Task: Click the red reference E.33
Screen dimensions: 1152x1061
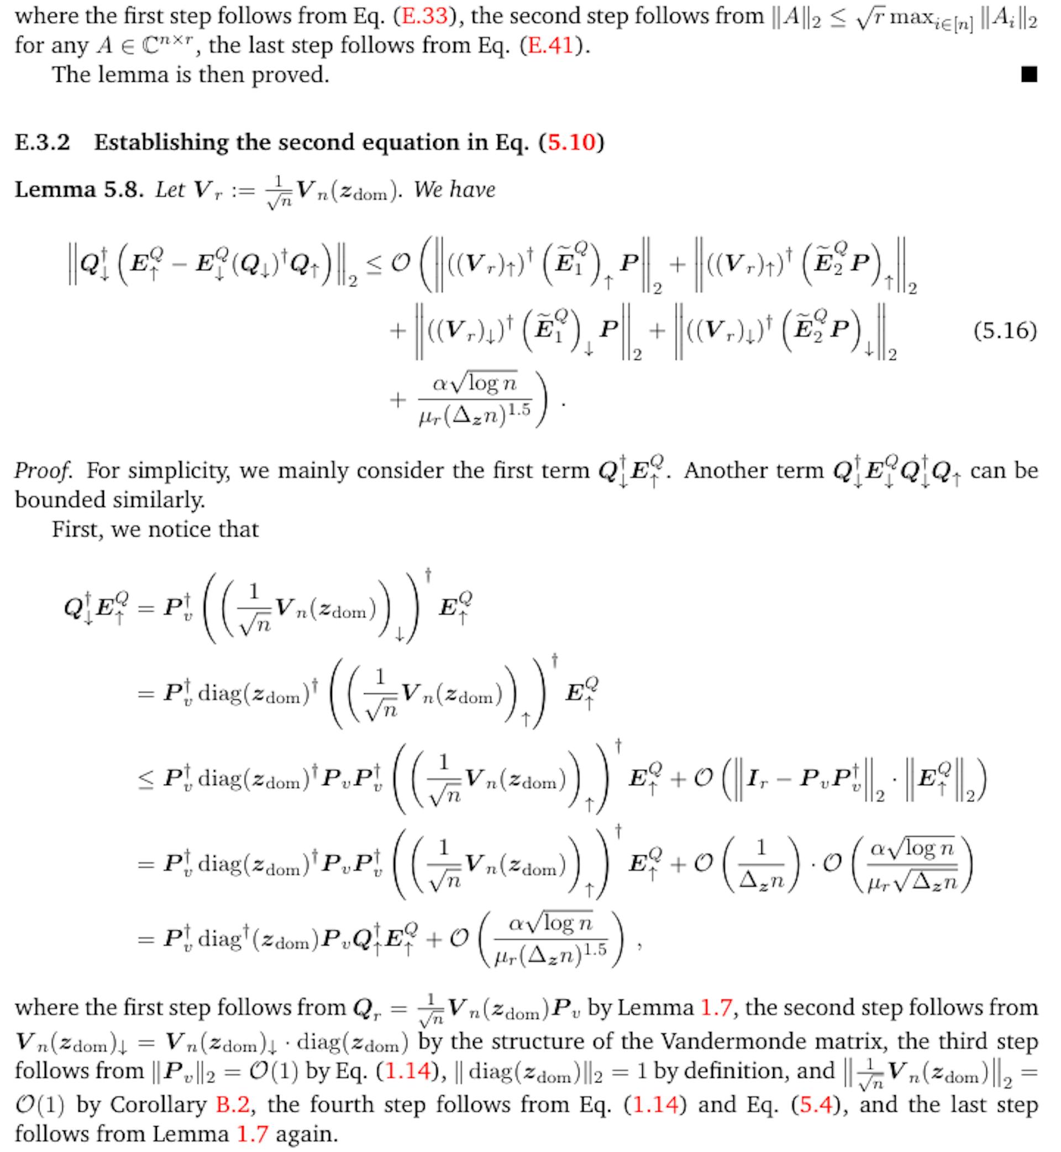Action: (x=424, y=15)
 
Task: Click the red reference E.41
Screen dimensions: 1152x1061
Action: (x=550, y=45)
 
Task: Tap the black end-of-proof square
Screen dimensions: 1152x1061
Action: (x=1029, y=75)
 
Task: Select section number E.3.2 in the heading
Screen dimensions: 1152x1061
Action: (x=43, y=143)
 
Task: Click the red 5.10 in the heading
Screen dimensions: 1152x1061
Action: (x=571, y=143)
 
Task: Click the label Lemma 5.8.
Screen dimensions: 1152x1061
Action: (x=78, y=190)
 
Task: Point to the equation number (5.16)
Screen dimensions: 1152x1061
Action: (x=1005, y=330)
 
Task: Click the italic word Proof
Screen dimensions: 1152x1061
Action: (x=44, y=471)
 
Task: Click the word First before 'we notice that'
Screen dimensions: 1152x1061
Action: (x=76, y=529)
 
